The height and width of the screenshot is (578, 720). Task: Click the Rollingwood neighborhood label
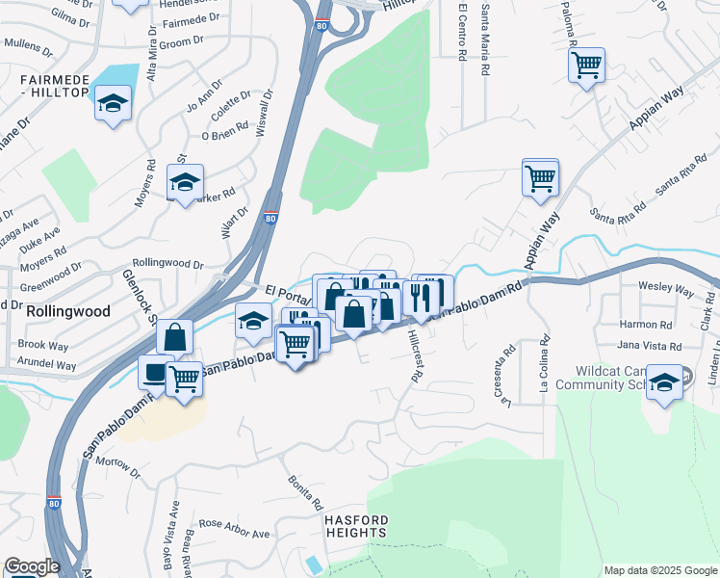click(68, 312)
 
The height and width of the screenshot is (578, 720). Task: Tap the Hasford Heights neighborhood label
click(355, 526)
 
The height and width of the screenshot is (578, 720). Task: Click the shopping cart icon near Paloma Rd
click(585, 66)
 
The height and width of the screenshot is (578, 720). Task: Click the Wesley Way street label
click(667, 288)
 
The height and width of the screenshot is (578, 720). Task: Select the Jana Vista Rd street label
click(649, 346)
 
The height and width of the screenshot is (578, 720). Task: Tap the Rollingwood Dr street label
click(168, 263)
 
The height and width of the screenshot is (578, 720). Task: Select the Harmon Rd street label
click(646, 325)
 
